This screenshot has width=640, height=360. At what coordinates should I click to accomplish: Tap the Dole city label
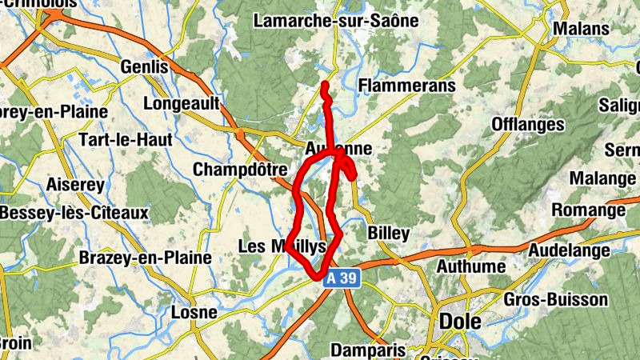click(x=460, y=321)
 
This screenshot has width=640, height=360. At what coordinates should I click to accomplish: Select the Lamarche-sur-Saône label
click(x=336, y=21)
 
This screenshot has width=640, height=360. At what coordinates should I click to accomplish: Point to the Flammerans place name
click(x=407, y=85)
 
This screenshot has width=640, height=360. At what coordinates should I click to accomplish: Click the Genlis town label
click(x=144, y=66)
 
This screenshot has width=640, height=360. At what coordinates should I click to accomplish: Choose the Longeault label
click(x=180, y=103)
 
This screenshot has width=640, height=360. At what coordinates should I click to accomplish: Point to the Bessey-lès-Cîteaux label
click(x=74, y=214)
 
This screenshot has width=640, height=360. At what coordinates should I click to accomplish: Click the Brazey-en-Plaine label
click(x=145, y=258)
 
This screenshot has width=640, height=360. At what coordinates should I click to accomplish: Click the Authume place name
click(x=470, y=266)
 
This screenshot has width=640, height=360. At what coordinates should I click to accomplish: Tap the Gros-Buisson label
click(x=557, y=300)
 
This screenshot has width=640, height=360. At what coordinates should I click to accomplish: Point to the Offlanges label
click(x=528, y=124)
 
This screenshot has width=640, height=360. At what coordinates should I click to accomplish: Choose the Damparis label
click(x=369, y=350)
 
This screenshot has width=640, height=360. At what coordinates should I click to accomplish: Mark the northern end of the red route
click(x=325, y=84)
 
